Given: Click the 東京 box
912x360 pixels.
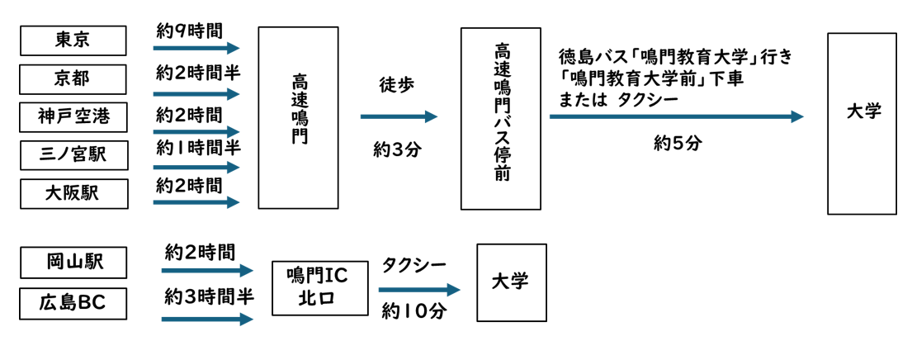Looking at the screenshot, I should click(73, 40).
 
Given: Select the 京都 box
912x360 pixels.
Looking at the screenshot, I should click(73, 79).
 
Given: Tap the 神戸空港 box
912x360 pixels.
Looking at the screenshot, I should click(73, 116).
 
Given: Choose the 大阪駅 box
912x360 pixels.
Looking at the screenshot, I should click(73, 193).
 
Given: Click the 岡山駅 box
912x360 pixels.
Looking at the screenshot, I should click(73, 263).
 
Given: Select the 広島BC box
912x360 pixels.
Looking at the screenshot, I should click(73, 303).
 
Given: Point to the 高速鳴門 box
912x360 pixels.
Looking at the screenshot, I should click(298, 117).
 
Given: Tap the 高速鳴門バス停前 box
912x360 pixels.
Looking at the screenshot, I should click(500, 119).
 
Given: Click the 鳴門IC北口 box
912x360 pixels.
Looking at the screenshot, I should click(320, 287).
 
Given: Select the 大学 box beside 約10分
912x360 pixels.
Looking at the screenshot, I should click(511, 282).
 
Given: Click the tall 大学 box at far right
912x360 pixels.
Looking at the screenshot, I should click(862, 123).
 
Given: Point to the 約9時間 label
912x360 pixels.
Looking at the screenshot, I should click(189, 31).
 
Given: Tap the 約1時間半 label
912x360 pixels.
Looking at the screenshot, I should click(198, 148).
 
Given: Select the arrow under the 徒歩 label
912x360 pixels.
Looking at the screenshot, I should click(398, 116).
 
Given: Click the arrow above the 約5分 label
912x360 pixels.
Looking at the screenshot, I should click(676, 116).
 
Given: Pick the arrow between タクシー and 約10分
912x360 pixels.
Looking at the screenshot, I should click(418, 290).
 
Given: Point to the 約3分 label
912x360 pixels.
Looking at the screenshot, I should click(397, 150).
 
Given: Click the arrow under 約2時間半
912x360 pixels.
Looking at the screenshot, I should click(196, 93).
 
